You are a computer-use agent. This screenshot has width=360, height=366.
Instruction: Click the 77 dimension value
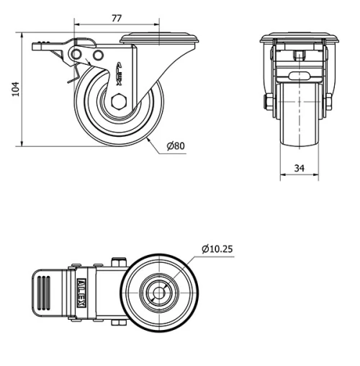(117, 18)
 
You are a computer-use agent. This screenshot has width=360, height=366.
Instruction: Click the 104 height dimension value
(16, 89)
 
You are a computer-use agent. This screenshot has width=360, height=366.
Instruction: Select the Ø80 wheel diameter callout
(176, 146)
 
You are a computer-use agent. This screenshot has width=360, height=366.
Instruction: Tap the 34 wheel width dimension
(300, 168)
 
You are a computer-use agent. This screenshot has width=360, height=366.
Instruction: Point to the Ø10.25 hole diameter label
(217, 249)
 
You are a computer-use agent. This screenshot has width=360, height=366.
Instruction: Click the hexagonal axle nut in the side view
(119, 102)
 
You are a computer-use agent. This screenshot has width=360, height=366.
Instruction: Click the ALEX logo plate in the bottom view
(81, 293)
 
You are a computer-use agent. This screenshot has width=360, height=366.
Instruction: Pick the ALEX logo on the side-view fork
(120, 73)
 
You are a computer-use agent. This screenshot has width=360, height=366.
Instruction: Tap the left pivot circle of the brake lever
(76, 55)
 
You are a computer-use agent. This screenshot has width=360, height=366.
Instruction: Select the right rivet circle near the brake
(98, 55)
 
